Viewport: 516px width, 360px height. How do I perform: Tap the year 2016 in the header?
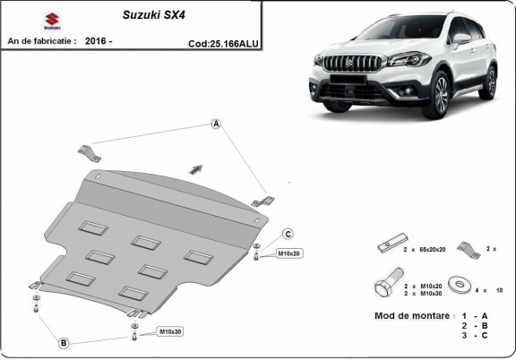point(100,41)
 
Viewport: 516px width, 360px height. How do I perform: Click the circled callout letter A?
point(216,124)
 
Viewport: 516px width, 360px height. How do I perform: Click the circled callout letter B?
point(64,341)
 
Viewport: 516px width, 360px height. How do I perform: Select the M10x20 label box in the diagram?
point(289,253)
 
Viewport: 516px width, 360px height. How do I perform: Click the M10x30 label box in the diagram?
point(170,332)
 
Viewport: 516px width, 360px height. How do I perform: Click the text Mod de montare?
point(409,317)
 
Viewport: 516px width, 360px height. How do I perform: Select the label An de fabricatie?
point(42,41)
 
